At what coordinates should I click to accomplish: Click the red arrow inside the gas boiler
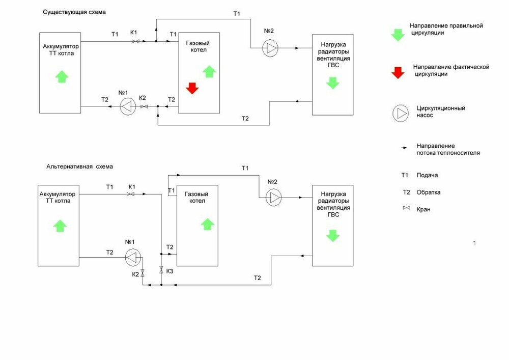pos(192,88)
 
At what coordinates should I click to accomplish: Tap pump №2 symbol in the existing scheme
pos(270,48)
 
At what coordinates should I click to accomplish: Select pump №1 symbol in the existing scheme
pos(128,106)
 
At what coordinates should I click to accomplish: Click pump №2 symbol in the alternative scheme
pos(274,197)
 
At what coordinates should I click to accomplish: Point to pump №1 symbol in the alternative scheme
pos(133,258)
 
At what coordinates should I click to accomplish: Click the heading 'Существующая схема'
pos(78,11)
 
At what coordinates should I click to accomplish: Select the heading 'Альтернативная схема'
pos(80,167)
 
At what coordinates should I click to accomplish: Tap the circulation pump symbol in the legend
pos(400,113)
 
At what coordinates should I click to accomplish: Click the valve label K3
pos(169,271)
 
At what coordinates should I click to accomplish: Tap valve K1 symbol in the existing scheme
pos(136,41)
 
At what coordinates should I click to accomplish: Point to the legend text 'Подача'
pos(427,175)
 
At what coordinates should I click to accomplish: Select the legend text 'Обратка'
pos(428,192)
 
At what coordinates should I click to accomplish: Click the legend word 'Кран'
pos(423,209)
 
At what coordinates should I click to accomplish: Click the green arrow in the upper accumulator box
pos(61,76)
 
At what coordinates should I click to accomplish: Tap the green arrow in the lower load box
pos(332,235)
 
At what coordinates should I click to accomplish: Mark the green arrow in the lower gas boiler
pos(208,224)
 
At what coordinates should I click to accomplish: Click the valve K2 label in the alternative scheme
pos(135,274)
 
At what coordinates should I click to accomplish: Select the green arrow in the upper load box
pos(332,82)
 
